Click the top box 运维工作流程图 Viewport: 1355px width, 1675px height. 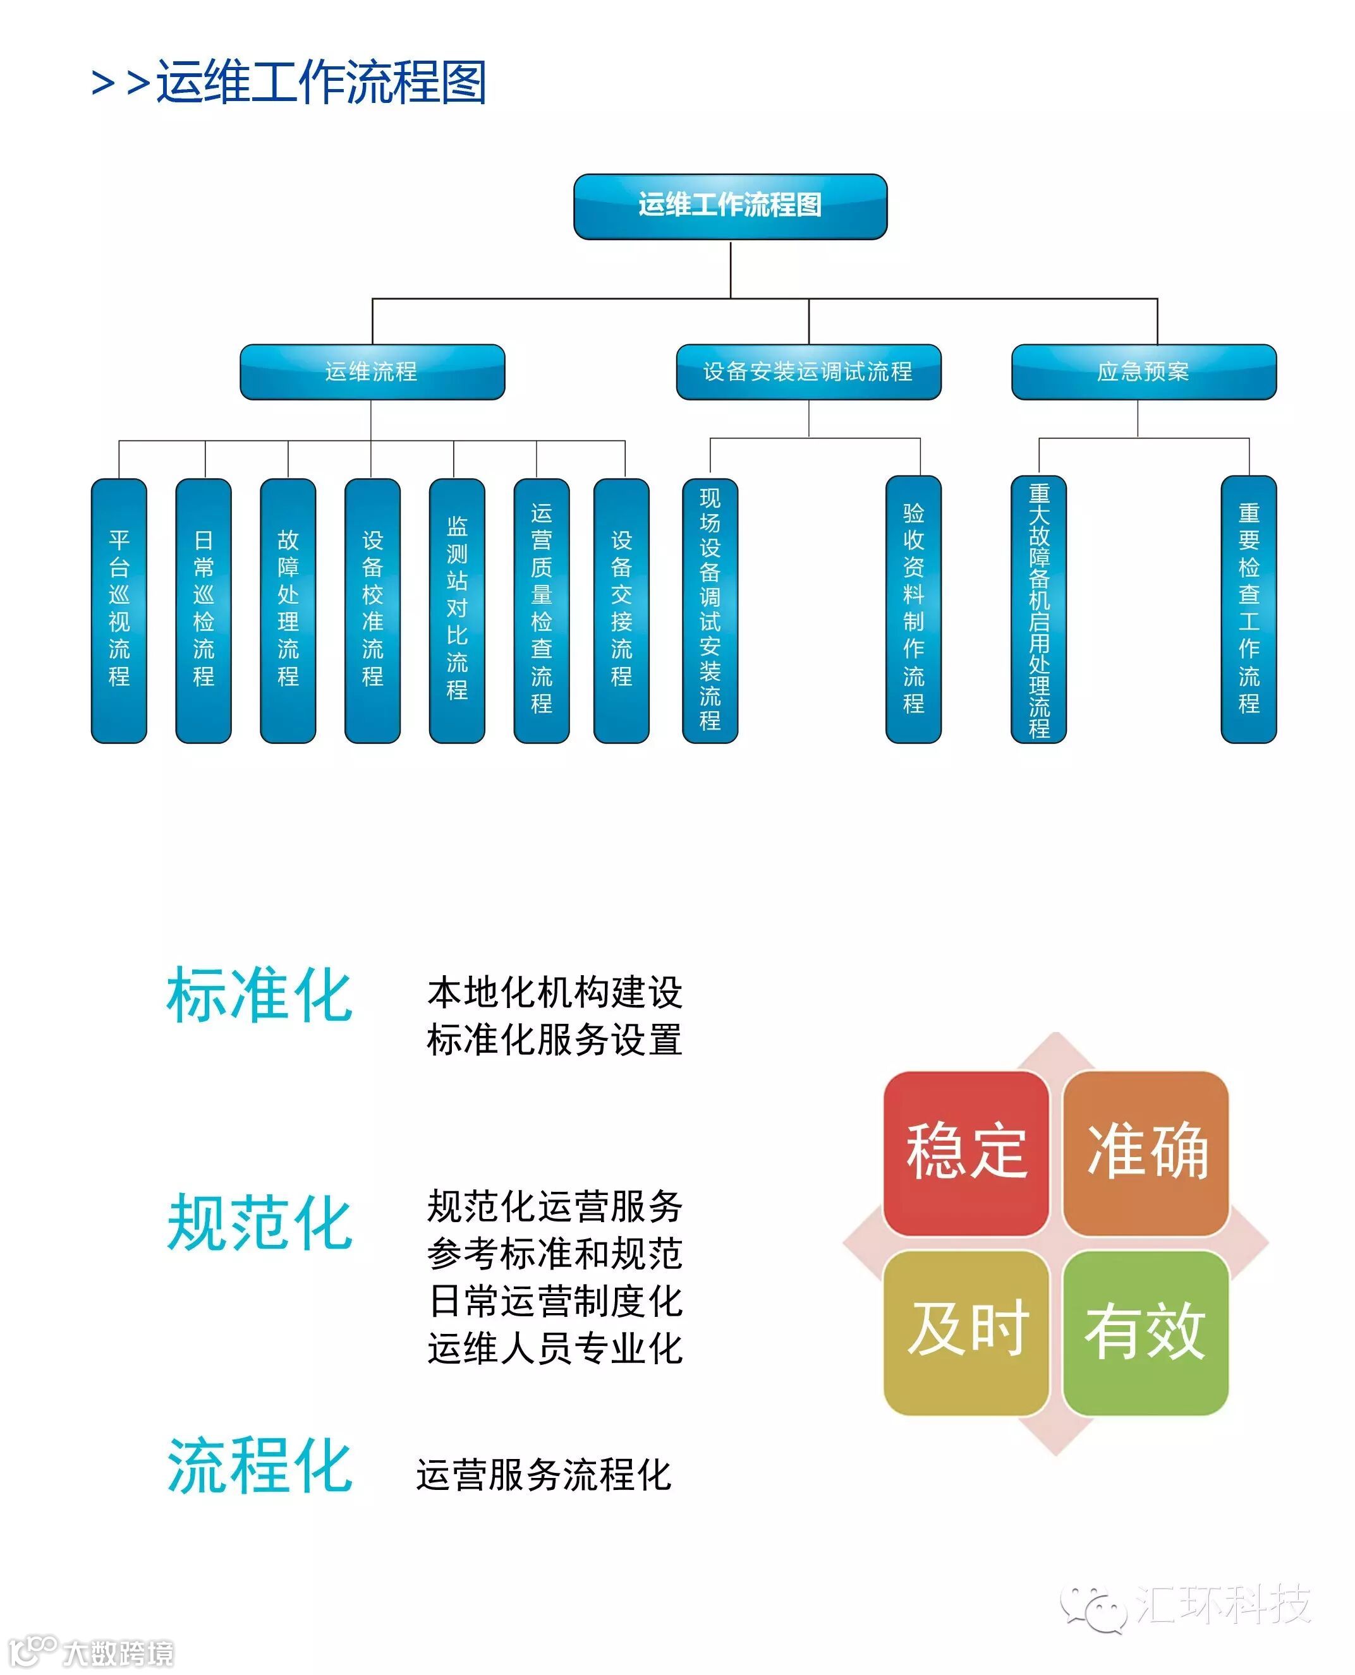tap(730, 206)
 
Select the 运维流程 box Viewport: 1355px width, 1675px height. tap(372, 372)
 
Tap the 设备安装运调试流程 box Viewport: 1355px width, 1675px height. tap(808, 372)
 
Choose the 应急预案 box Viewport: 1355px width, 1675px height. tap(1143, 372)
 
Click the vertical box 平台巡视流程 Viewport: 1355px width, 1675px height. tap(119, 610)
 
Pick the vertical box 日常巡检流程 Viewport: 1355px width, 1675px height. tap(204, 610)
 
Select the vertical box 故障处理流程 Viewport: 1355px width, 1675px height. tap(288, 610)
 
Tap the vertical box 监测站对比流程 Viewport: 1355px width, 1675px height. tap(456, 610)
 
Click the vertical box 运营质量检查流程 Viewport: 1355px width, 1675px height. tap(541, 610)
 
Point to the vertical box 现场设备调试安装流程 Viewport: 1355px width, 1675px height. tap(710, 610)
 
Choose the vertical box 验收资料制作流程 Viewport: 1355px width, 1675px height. tap(913, 610)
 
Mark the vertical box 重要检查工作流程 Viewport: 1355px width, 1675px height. tap(1248, 610)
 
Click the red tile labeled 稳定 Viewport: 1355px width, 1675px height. tap(966, 1151)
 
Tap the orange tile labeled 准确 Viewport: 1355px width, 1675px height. tap(1146, 1151)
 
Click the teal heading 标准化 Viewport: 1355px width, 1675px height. tap(259, 995)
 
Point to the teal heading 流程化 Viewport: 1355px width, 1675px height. tap(259, 1466)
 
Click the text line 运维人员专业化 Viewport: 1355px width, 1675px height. tap(554, 1348)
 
